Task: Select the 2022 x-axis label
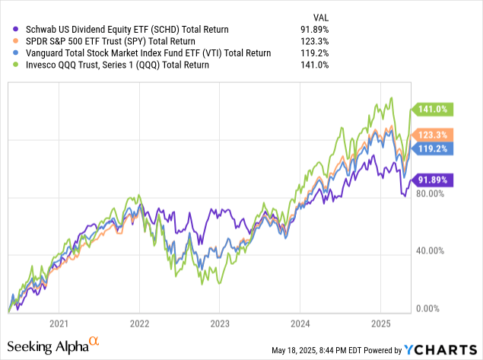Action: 138,322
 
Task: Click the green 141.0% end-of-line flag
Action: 431,108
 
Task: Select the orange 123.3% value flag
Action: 431,135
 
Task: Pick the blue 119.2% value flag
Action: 431,148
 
